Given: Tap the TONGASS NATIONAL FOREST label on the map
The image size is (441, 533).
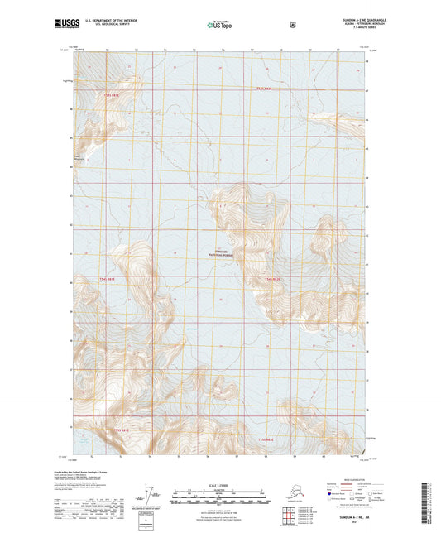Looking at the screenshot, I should point(220,253).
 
